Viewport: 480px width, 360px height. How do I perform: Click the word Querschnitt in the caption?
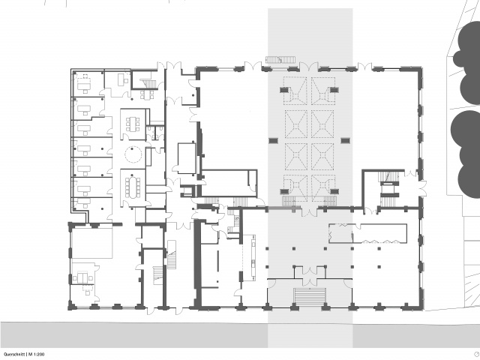[x=14, y=354]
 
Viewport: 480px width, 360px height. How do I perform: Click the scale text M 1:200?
[x=37, y=354]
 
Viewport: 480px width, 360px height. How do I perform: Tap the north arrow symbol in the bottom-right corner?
[x=475, y=354]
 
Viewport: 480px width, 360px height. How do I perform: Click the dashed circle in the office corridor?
[x=133, y=154]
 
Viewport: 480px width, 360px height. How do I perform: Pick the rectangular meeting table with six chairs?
[x=133, y=124]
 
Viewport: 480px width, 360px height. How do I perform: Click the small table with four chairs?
[x=147, y=94]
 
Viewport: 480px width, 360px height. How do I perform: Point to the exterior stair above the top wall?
[x=280, y=59]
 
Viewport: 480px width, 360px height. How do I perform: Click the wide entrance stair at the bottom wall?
[x=310, y=295]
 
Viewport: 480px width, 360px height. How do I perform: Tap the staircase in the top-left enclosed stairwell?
[x=148, y=83]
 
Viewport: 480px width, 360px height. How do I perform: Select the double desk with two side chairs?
[x=81, y=277]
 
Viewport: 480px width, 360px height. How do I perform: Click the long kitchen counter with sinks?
[x=253, y=257]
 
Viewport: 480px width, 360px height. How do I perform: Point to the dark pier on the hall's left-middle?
[x=273, y=140]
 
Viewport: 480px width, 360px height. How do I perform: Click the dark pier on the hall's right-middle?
[x=345, y=140]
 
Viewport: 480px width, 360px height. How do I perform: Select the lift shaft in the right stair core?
[x=390, y=189]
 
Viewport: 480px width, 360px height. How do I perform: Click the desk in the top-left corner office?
[x=84, y=85]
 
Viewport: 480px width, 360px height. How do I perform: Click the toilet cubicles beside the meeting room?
[x=155, y=133]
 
